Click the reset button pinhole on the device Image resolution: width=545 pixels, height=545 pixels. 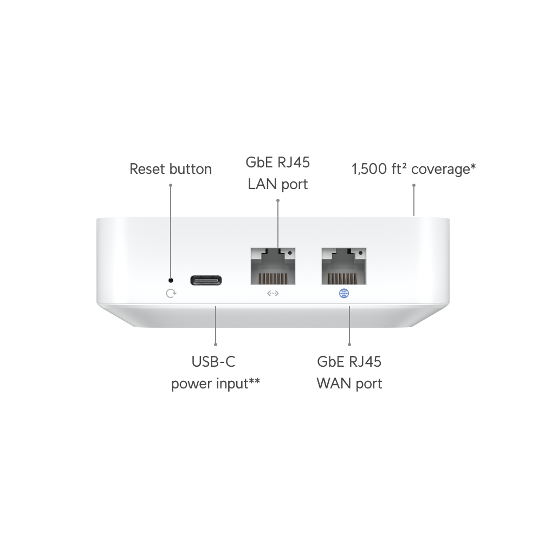tap(171, 280)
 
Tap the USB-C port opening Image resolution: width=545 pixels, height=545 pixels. tap(206, 280)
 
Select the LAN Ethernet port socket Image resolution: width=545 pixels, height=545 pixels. tap(273, 266)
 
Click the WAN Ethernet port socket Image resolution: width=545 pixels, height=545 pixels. tap(344, 266)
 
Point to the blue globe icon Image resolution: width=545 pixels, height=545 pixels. tap(344, 293)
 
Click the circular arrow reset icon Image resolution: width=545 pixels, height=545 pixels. tap(171, 293)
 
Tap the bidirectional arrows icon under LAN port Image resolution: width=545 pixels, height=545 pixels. tap(273, 293)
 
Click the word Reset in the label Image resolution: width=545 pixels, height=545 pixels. tap(146, 169)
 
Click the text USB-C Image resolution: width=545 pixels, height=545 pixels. tap(213, 362)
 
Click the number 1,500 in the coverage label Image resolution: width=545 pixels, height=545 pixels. tap(369, 169)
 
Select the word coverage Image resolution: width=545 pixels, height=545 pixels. tap(440, 170)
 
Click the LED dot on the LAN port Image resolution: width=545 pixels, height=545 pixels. tap(290, 252)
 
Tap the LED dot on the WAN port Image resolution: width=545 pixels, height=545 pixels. tap(360, 252)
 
